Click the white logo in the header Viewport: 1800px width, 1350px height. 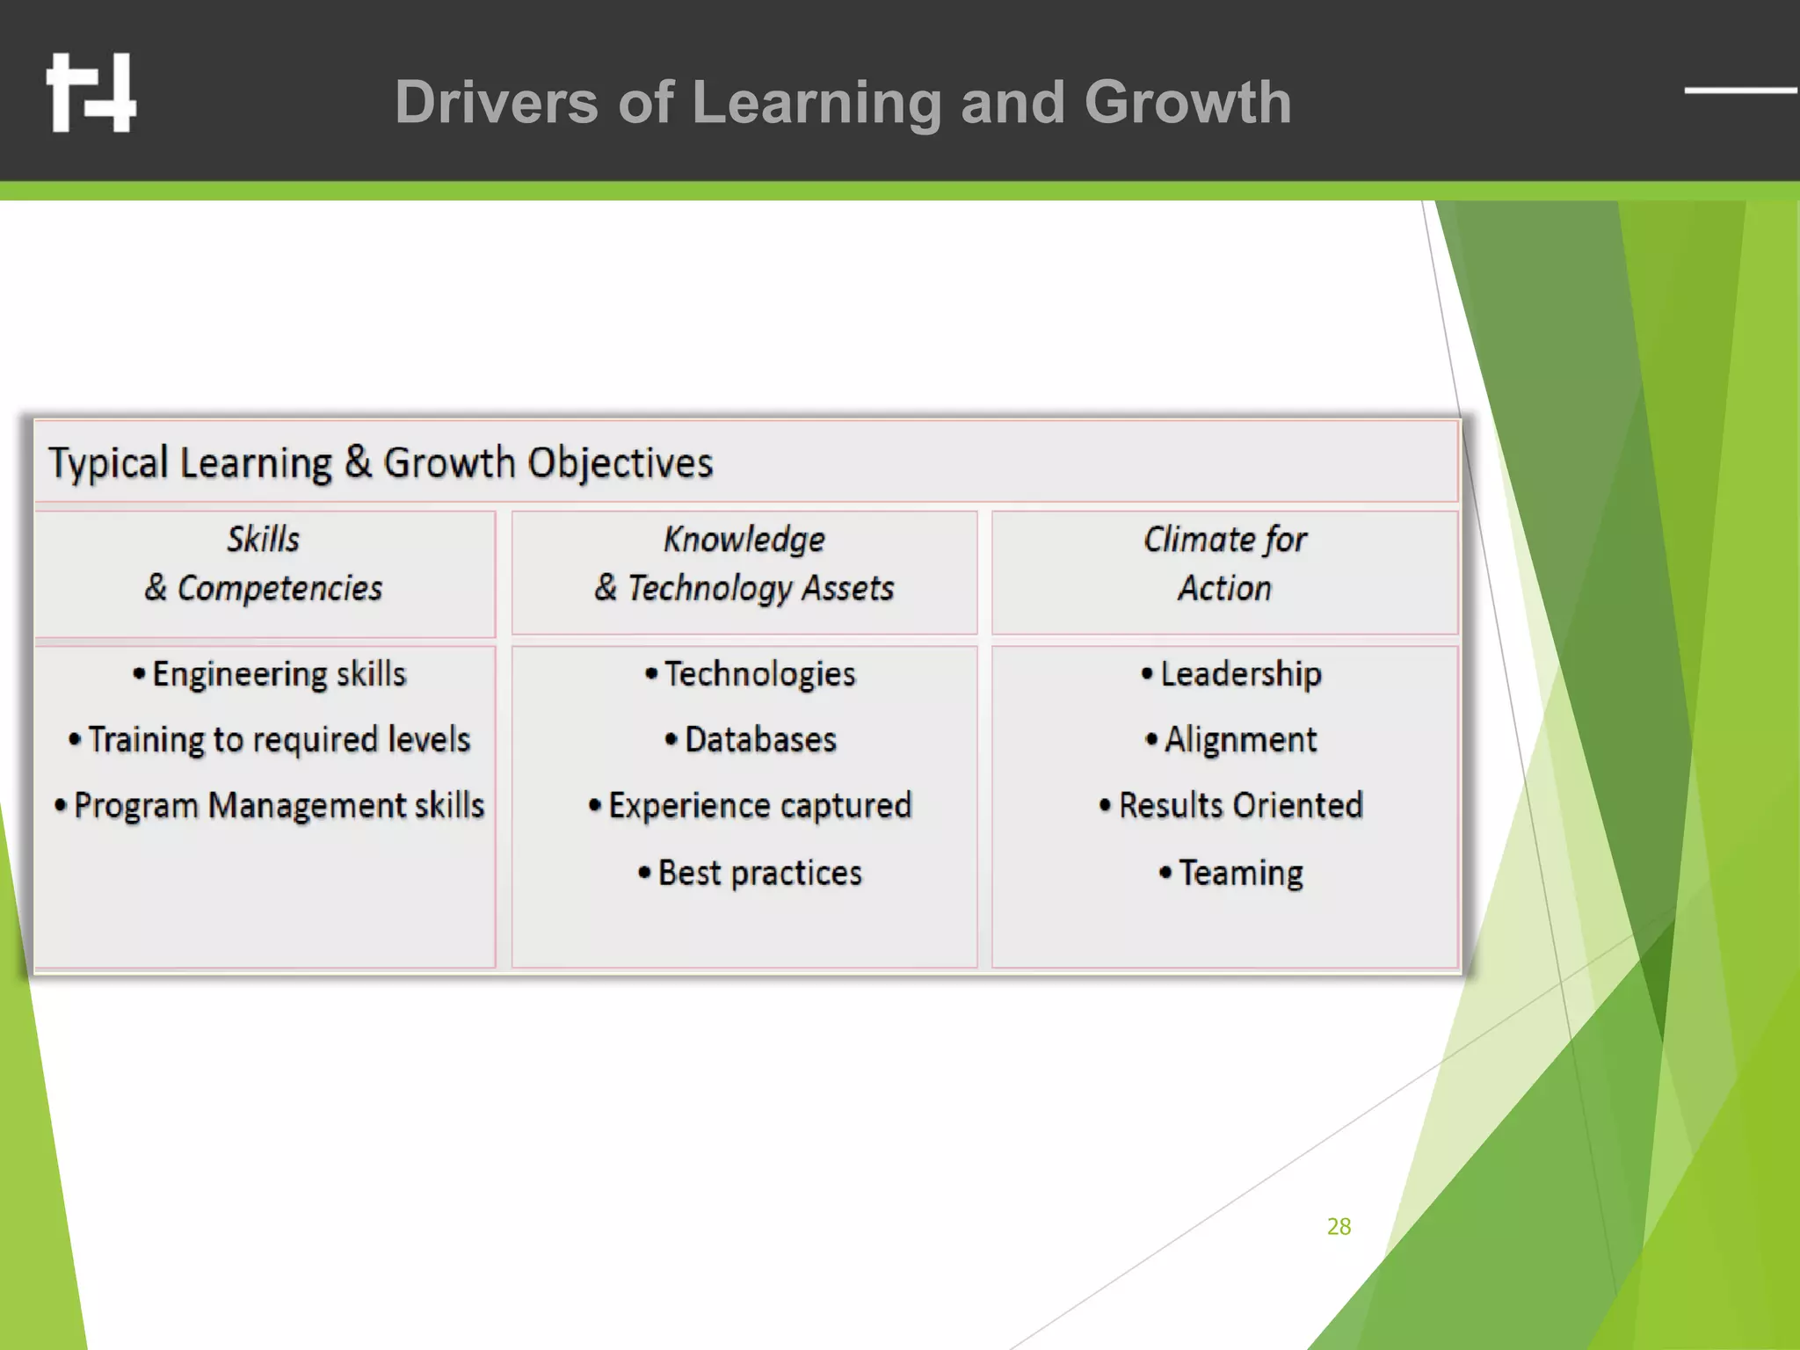pos(91,92)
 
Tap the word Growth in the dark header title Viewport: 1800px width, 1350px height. pos(1187,103)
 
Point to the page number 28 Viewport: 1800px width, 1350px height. pos(1339,1227)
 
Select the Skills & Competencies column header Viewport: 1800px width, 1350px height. pos(264,564)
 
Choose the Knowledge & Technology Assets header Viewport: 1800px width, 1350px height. pos(744,564)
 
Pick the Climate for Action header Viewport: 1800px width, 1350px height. pos(1224,564)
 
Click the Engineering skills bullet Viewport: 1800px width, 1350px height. pos(270,674)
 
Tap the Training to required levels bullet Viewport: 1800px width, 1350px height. pos(270,740)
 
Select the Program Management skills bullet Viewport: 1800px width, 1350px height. pos(270,806)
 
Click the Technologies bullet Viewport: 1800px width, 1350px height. pos(751,674)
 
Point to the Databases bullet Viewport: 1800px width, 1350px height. pos(751,740)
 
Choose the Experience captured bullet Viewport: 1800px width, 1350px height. pos(751,806)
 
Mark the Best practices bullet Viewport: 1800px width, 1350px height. pos(751,873)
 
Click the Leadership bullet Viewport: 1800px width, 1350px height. pos(1231,674)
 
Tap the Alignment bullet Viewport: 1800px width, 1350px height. pos(1231,740)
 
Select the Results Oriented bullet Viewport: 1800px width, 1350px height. pos(1231,806)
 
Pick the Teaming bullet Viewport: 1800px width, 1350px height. pos(1231,873)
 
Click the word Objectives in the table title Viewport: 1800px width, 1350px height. pos(620,463)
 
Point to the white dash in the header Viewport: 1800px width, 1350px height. pos(1740,90)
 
